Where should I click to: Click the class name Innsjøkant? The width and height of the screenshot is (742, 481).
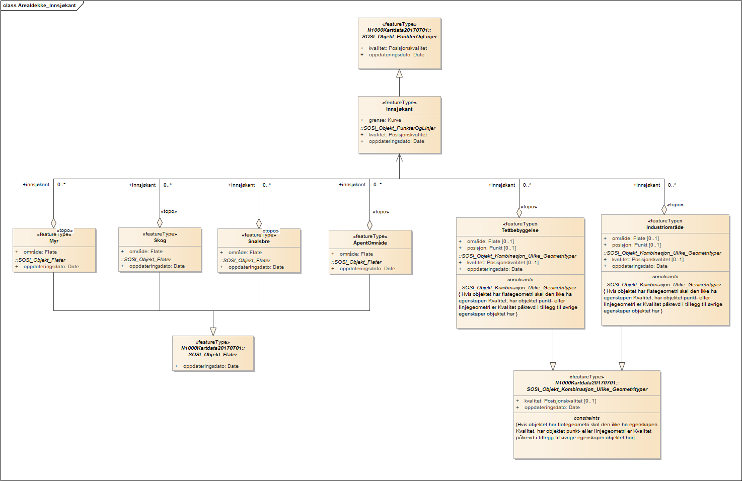(x=399, y=109)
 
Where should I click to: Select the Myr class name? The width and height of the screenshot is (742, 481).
(x=54, y=241)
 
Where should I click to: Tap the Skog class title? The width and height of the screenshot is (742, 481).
(x=160, y=240)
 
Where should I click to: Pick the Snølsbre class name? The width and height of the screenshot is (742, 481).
(x=259, y=242)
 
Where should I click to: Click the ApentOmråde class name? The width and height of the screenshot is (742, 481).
(x=370, y=243)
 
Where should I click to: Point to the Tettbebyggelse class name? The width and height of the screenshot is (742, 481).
(x=520, y=230)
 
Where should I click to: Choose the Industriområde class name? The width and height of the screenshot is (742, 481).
(x=665, y=227)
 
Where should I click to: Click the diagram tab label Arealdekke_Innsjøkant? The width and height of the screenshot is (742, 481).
(x=40, y=6)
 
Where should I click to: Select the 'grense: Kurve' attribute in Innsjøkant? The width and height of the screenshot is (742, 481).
(x=385, y=120)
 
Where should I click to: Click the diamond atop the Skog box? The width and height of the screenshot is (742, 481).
(x=160, y=222)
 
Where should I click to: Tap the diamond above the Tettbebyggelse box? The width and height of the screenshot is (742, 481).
(x=520, y=212)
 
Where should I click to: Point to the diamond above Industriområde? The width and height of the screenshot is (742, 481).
(x=664, y=210)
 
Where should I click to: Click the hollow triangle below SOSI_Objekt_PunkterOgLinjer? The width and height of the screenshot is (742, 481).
(x=399, y=73)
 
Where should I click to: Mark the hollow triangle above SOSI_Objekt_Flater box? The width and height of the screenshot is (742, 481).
(x=213, y=332)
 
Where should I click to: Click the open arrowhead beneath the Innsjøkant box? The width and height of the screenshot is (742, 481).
(x=399, y=158)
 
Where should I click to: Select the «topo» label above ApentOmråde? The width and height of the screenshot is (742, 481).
(x=381, y=212)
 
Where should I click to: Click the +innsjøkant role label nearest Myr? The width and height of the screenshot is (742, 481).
(x=36, y=185)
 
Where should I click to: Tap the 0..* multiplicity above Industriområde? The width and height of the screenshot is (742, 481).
(x=672, y=185)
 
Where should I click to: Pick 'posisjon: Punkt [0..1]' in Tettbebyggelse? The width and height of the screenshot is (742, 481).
(x=491, y=248)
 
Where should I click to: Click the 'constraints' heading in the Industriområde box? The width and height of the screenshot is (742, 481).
(x=665, y=277)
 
